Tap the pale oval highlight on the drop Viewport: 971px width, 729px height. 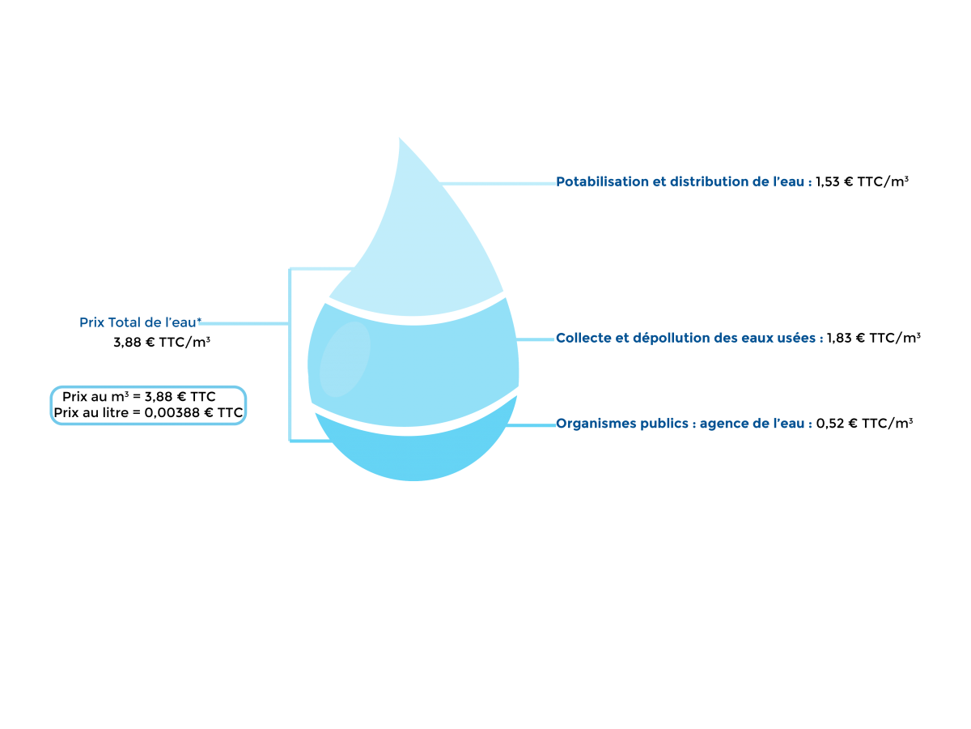(345, 359)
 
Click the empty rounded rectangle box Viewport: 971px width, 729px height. (148, 405)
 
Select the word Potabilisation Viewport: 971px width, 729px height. (602, 182)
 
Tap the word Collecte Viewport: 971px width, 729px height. (583, 338)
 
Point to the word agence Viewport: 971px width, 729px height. (725, 424)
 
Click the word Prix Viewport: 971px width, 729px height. (92, 322)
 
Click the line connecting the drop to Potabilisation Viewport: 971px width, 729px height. (498, 184)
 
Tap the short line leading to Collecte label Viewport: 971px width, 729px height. (536, 339)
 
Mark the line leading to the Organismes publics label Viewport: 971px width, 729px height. (532, 424)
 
